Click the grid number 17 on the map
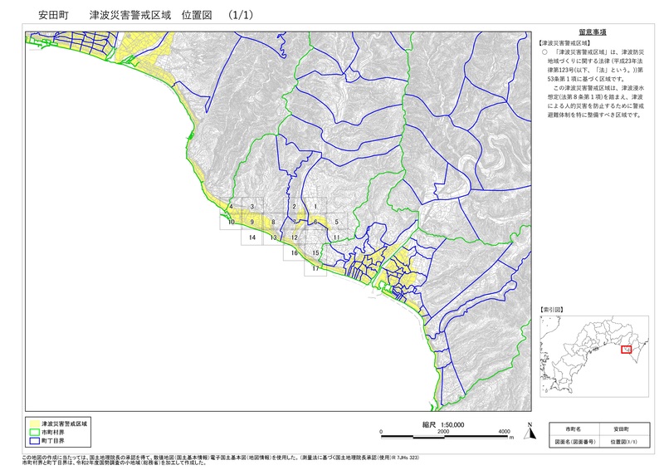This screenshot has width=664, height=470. [x=315, y=269]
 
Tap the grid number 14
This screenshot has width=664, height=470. [x=251, y=237]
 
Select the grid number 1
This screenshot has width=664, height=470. [x=315, y=205]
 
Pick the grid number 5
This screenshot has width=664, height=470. [x=337, y=222]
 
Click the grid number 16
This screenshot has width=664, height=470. [x=294, y=253]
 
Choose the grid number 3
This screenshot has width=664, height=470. [x=251, y=205]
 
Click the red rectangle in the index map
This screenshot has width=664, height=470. [x=627, y=350]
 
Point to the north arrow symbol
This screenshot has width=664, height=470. [x=528, y=430]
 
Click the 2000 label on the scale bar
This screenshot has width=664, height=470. [x=442, y=432]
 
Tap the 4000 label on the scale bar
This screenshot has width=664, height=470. [x=505, y=432]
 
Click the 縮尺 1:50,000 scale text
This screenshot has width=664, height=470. [x=442, y=423]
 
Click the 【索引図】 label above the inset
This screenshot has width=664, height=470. [x=552, y=309]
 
